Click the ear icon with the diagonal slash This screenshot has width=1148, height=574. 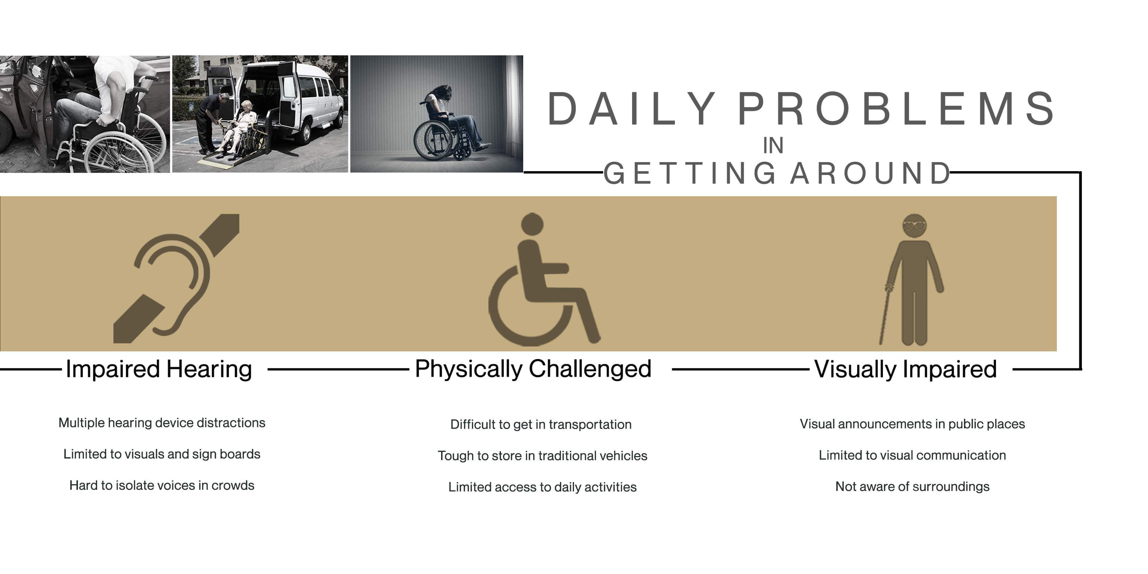click(x=177, y=278)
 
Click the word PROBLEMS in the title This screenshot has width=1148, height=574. click(x=897, y=109)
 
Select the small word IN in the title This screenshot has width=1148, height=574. click(x=773, y=146)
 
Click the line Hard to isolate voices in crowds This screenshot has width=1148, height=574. click(x=162, y=485)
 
